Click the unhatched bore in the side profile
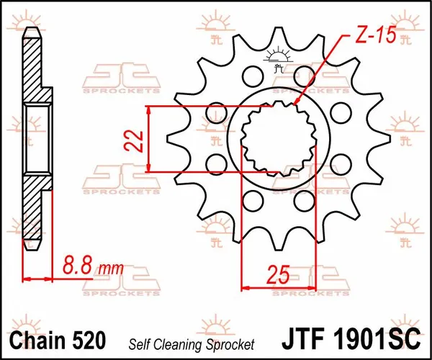(x=38, y=138)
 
